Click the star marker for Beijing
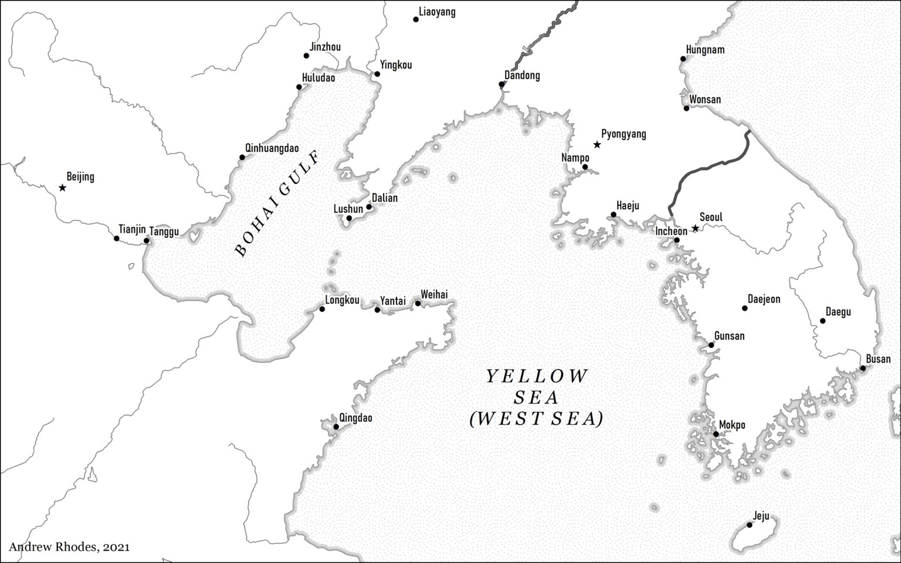tap(62, 188)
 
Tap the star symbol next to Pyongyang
tap(597, 144)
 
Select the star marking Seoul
tap(695, 228)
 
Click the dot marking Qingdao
tap(336, 426)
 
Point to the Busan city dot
tap(863, 368)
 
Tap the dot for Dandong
tap(502, 84)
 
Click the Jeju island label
tap(761, 516)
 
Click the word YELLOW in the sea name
tap(536, 376)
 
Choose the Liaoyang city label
tap(437, 12)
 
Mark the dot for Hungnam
tap(683, 59)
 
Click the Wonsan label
tap(705, 99)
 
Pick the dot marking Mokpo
tap(716, 434)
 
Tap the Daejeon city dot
tap(744, 308)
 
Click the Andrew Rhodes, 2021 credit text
tap(69, 547)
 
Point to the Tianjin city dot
tap(117, 238)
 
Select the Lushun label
tap(348, 209)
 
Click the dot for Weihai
tap(418, 303)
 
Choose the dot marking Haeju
tap(614, 215)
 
